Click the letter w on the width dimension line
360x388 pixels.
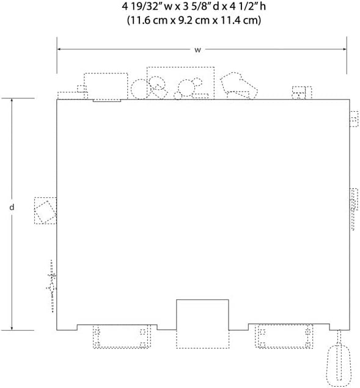[197, 50]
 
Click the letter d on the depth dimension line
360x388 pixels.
[12, 207]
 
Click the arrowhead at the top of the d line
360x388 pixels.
[12, 100]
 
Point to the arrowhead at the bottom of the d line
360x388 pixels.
[12, 329]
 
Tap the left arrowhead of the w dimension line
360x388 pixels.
[59, 49]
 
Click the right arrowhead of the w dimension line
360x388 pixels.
[345, 49]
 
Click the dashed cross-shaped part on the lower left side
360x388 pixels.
[52, 286]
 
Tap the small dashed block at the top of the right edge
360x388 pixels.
[354, 119]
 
